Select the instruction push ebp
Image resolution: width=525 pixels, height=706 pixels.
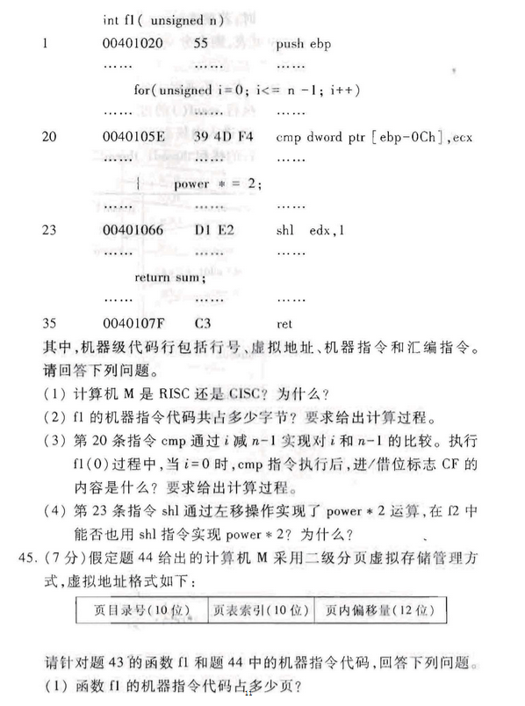(x=306, y=42)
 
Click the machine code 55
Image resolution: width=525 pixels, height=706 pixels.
(x=202, y=42)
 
